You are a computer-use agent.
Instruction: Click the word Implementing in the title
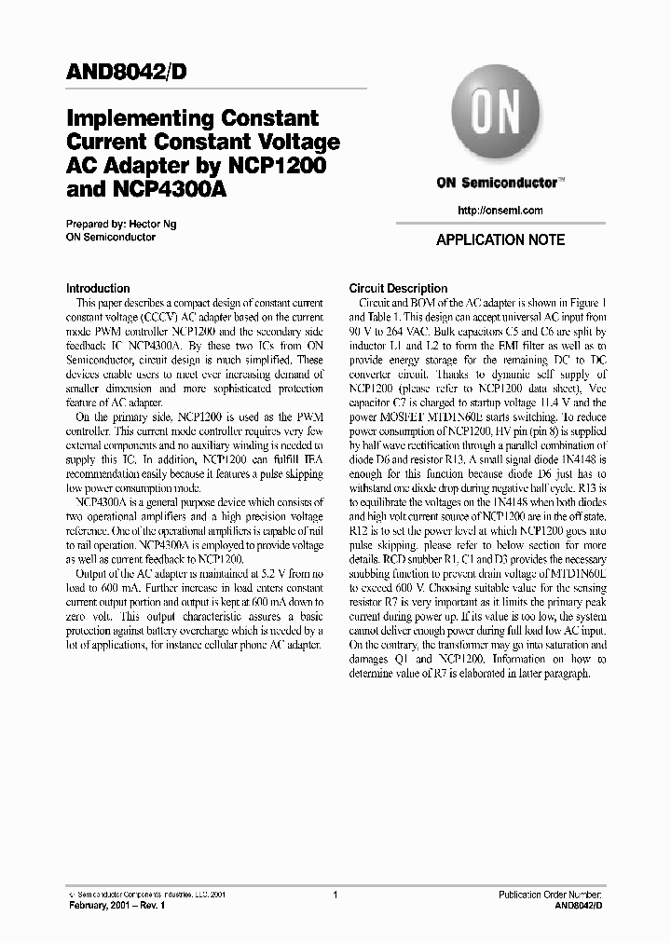(136, 119)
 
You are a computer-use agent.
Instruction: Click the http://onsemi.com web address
(500, 211)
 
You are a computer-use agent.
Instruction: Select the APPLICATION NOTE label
(500, 240)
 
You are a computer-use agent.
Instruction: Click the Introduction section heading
(98, 289)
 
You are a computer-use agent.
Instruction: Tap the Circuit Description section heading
(398, 289)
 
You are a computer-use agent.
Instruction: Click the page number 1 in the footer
(335, 894)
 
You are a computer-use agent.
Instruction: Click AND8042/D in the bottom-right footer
(579, 906)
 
